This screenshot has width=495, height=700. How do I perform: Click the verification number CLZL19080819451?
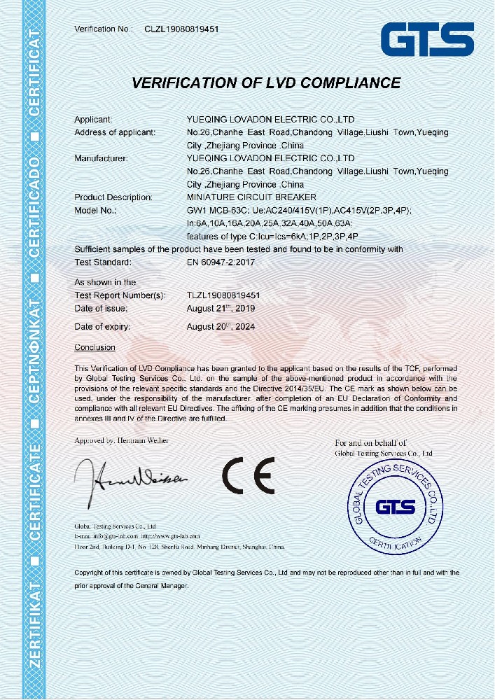(x=181, y=29)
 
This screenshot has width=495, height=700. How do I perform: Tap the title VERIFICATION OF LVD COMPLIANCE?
(x=266, y=83)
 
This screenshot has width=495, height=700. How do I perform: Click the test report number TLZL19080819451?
(x=228, y=295)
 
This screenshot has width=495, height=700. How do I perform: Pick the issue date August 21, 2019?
(x=221, y=308)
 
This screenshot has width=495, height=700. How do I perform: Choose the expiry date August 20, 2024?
(x=222, y=326)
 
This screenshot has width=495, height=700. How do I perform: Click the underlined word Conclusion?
(x=95, y=347)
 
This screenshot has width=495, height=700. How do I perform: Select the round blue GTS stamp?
(x=396, y=506)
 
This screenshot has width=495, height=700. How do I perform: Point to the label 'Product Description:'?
(x=113, y=197)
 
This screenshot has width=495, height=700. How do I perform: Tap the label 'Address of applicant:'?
(x=115, y=132)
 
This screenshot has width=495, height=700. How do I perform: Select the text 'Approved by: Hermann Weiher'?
(x=121, y=440)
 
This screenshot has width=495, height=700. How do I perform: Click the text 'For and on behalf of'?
(x=370, y=443)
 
